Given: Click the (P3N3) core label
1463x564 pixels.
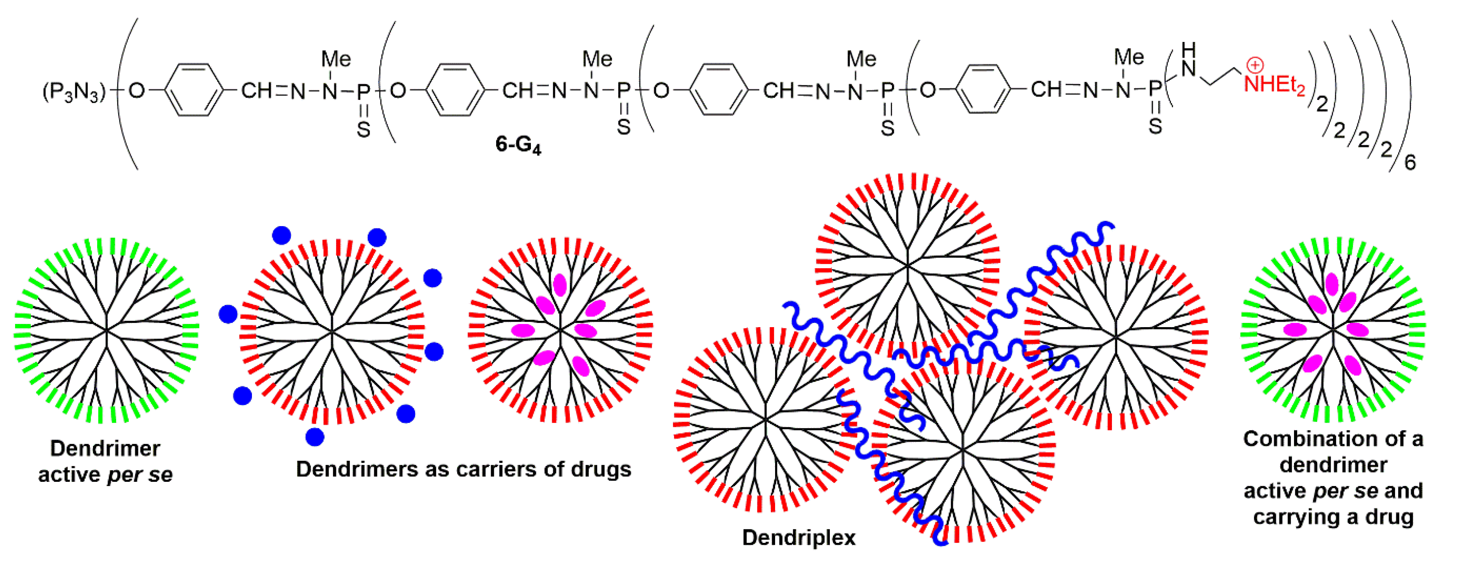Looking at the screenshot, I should click(x=74, y=91).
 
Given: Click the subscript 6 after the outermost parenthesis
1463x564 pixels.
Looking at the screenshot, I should click(x=1410, y=163).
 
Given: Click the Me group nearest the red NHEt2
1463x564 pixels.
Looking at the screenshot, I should click(x=1129, y=57).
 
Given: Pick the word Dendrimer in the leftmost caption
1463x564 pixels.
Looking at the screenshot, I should click(x=105, y=448).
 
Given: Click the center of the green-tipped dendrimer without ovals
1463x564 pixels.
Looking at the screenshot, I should click(x=106, y=329).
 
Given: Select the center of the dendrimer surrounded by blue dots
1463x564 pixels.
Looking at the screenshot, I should click(x=332, y=332).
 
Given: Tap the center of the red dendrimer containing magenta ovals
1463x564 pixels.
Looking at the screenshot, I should click(x=561, y=329).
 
